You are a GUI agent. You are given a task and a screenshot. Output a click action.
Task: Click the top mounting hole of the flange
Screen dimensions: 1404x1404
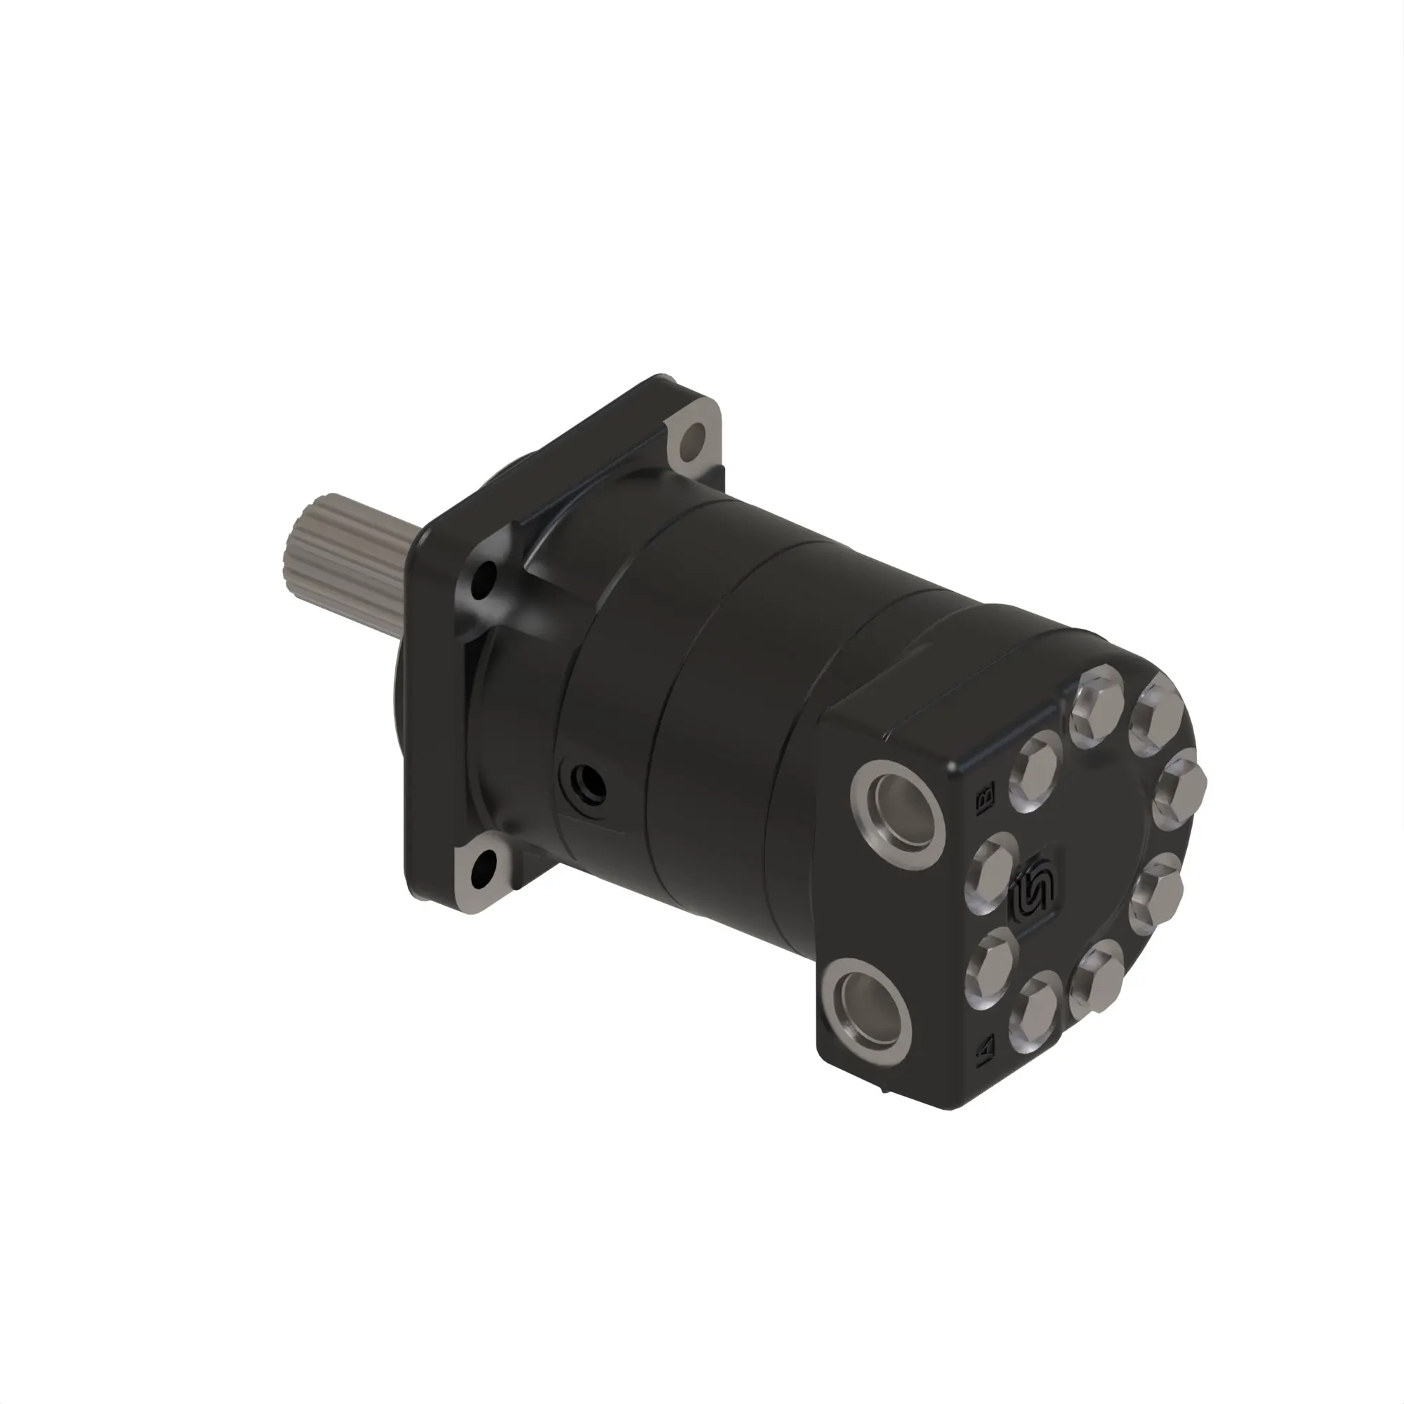click(x=694, y=438)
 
